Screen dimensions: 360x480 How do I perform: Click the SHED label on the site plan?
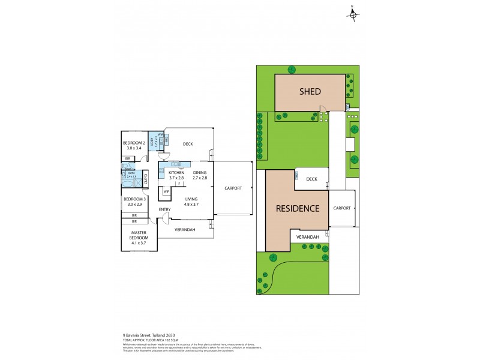click(x=310, y=92)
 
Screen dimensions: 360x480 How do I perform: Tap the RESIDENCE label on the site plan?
click(x=297, y=209)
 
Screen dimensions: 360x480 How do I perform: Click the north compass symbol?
click(x=353, y=14)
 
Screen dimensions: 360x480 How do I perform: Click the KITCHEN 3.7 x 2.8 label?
click(x=172, y=175)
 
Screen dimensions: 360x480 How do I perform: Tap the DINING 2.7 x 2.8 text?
click(x=200, y=175)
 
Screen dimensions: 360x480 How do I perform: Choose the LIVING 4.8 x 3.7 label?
click(x=191, y=202)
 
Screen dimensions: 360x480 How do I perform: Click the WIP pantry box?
click(x=166, y=193)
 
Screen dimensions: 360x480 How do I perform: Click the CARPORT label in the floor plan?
click(x=233, y=188)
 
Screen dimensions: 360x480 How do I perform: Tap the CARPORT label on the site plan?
click(x=341, y=208)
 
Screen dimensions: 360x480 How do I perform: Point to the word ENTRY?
click(x=164, y=209)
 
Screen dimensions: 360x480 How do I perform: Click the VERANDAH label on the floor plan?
click(x=183, y=229)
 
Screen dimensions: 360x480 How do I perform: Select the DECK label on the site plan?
click(x=311, y=179)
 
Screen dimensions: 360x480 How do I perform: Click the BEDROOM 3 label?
click(x=134, y=201)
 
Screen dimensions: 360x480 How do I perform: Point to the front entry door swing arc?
click(x=167, y=217)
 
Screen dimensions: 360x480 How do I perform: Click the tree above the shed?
click(x=291, y=69)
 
